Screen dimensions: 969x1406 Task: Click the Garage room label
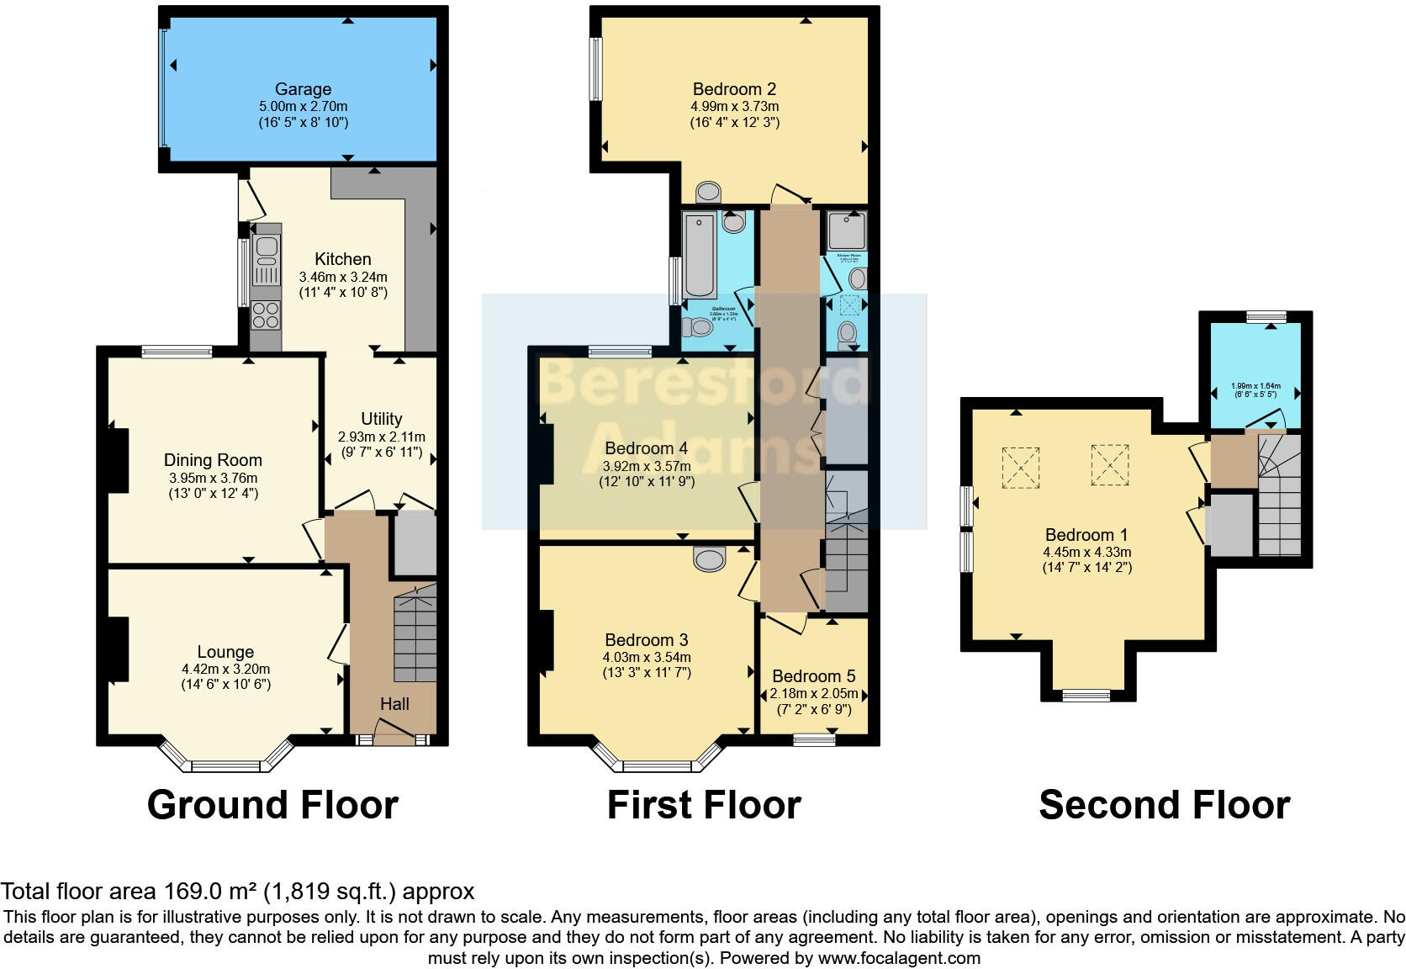pos(303,89)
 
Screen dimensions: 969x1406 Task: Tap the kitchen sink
pos(267,247)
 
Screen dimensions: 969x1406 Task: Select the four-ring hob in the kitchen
pos(267,316)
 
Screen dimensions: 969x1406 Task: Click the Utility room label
pos(381,419)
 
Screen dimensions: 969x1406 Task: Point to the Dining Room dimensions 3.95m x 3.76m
pos(213,478)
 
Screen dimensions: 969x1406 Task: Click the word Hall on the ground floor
pos(394,704)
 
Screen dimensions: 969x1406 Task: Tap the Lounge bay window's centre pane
pos(225,766)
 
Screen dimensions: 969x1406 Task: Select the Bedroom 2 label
pos(733,89)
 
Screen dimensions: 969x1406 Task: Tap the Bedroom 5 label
pos(813,676)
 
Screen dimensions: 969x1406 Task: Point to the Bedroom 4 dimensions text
pos(646,466)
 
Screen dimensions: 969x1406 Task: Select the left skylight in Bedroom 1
pos(1020,467)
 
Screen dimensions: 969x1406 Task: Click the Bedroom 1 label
pos(1086,535)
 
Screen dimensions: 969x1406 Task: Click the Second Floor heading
pos(1164,805)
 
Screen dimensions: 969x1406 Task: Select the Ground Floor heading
pos(272,805)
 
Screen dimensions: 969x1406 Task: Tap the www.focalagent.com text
pos(898,958)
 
